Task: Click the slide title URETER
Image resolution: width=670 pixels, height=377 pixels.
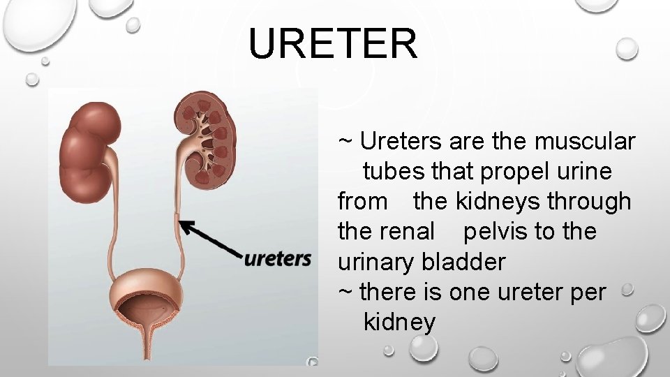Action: (x=334, y=43)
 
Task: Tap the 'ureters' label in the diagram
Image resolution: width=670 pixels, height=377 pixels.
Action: (x=277, y=260)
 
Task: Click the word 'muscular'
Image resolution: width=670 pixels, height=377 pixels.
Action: (x=585, y=142)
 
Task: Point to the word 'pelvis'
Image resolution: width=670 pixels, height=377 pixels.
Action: (x=496, y=231)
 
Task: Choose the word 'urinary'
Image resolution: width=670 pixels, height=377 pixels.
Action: (x=377, y=262)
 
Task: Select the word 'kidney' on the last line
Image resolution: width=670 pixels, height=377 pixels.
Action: (x=399, y=323)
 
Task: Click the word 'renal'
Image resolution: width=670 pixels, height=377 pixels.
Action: (x=407, y=231)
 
